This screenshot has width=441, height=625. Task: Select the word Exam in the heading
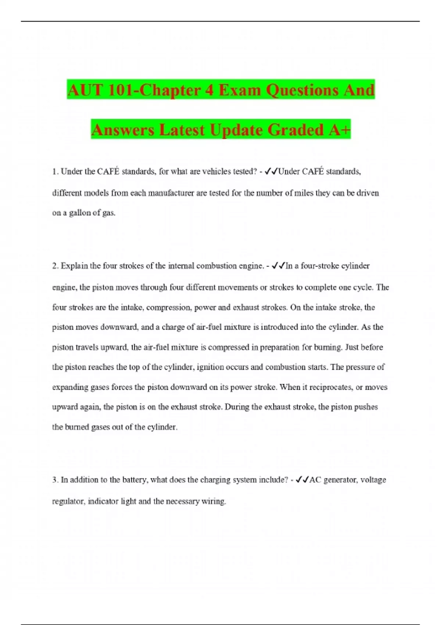[240, 90]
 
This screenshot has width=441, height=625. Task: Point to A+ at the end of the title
[340, 130]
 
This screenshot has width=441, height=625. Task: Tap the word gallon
[77, 213]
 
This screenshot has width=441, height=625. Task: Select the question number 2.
[55, 266]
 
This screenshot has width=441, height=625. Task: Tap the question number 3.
[55, 480]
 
